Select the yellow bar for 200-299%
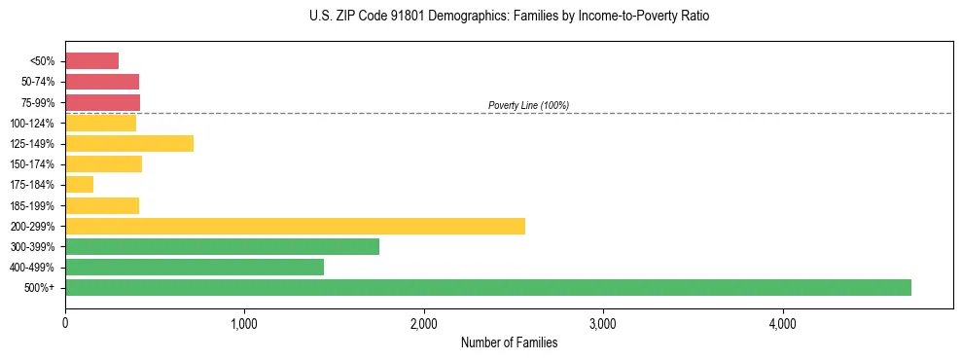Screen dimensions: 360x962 click(295, 226)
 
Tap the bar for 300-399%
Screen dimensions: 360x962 click(222, 246)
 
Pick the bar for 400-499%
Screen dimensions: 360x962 click(195, 267)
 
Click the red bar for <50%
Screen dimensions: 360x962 click(91, 61)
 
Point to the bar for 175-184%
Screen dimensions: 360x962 click(79, 185)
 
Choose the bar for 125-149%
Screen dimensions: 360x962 click(129, 144)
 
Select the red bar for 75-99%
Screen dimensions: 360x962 click(102, 102)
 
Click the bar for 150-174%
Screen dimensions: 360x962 click(103, 164)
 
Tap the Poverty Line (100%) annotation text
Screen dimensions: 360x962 click(528, 105)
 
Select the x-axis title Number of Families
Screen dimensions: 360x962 click(509, 342)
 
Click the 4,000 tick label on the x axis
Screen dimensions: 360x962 click(783, 323)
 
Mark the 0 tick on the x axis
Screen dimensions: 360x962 click(65, 323)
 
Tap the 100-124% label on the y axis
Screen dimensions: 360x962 click(32, 124)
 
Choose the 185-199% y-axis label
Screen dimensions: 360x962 click(32, 205)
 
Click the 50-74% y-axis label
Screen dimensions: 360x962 click(37, 82)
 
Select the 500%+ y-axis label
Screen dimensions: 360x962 click(40, 288)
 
